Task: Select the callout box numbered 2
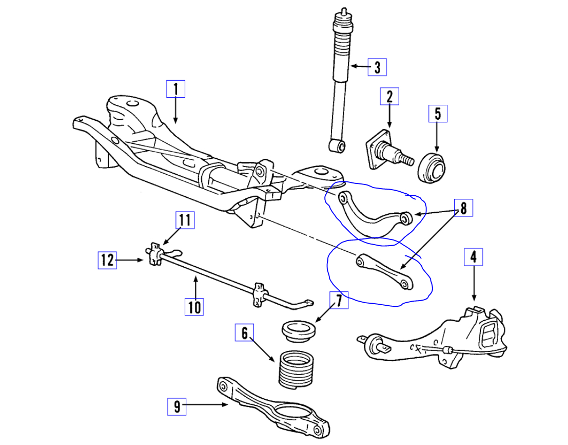coord(389,96)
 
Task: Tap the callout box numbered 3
coord(377,67)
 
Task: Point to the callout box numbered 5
coord(438,114)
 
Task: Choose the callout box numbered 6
coord(244,333)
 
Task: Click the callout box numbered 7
coord(339,301)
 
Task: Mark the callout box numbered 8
coord(463,208)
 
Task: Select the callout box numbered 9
coord(178,407)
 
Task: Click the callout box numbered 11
coord(185,220)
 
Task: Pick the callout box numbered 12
coord(107,260)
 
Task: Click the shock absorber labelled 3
coord(340,77)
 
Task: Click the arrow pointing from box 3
coord(359,67)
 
